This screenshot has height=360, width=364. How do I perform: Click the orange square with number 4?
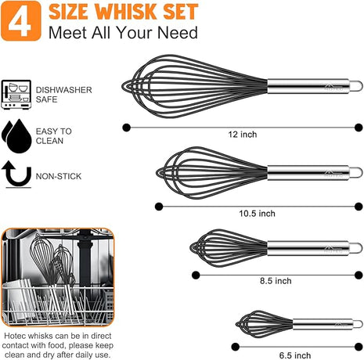[23, 21]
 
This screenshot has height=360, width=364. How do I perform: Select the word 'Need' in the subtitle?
[178, 33]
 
